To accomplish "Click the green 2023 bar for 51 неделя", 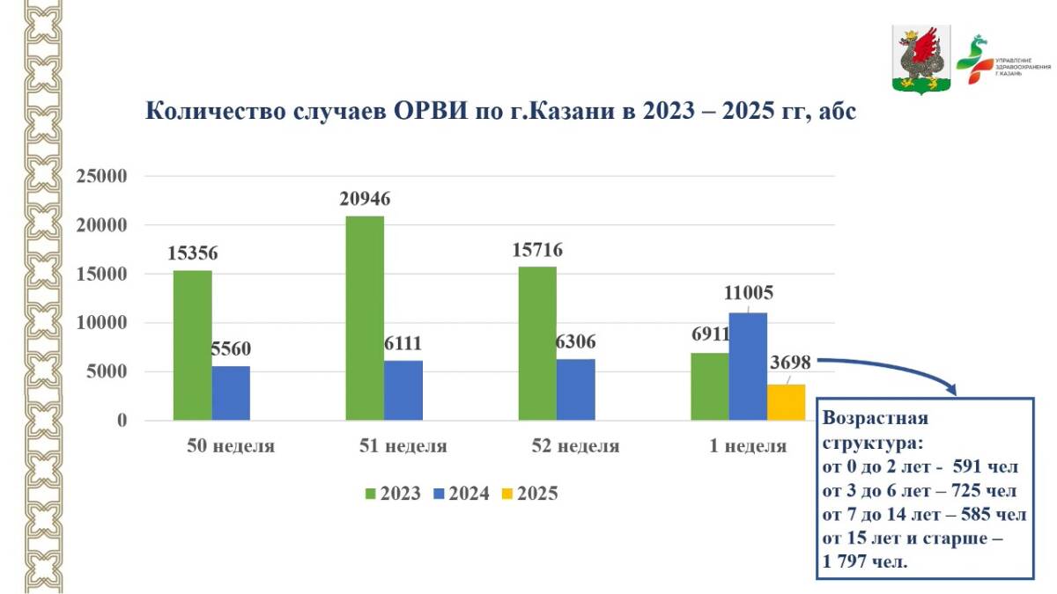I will tap(365, 318).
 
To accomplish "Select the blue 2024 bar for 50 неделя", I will tap(231, 393).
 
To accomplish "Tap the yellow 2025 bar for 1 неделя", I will tap(787, 402).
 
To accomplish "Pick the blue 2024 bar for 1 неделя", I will tap(748, 366).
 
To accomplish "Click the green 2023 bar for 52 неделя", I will tap(537, 343).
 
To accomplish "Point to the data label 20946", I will tap(365, 199).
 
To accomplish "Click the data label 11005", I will tap(749, 293).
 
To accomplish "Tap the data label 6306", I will tap(576, 341).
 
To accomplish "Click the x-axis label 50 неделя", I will tap(231, 446).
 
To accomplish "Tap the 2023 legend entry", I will tap(392, 494).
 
